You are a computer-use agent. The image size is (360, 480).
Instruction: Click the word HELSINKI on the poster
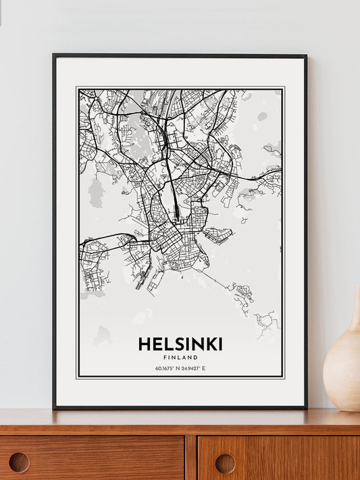coord(180,344)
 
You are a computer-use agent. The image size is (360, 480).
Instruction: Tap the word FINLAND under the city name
coord(180,357)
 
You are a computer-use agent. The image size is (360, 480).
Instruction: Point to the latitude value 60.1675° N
coord(166,368)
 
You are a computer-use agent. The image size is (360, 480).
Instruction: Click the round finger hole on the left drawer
coord(19,462)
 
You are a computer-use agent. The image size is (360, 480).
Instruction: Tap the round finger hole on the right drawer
coord(225,462)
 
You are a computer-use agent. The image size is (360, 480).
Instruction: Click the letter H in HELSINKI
coord(144,344)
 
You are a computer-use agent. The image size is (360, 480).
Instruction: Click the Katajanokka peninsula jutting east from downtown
coord(217,235)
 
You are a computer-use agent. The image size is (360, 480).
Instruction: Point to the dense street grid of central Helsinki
coord(172,240)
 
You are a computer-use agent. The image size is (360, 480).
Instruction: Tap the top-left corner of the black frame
coord(54,56)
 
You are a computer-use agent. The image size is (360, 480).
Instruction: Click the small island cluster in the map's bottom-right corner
coord(267,321)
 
